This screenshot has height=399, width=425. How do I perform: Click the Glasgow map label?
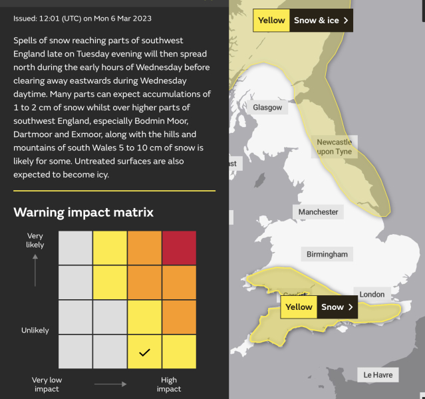click(267, 107)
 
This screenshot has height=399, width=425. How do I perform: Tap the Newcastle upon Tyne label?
click(334, 147)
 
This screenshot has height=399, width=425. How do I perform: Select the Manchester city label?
click(318, 211)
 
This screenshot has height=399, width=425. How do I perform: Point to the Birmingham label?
click(327, 254)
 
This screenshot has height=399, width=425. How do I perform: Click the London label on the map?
click(372, 294)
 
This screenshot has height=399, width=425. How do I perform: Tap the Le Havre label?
click(378, 374)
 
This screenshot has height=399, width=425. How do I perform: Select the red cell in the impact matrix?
click(179, 248)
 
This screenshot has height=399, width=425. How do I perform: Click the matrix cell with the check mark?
click(144, 352)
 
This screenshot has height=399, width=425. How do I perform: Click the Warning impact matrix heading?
click(84, 212)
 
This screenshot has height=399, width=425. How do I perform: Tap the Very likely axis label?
click(35, 240)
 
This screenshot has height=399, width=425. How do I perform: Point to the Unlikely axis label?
click(35, 330)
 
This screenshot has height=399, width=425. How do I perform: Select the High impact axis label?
click(169, 384)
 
